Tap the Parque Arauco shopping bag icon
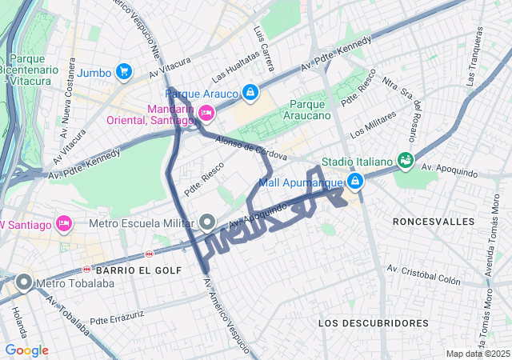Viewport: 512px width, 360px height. coord(250,94)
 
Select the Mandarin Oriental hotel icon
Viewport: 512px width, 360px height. coord(206,114)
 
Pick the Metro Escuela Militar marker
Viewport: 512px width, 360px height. coord(207,222)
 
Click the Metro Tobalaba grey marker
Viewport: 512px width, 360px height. coord(24,282)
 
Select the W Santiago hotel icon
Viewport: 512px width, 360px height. coord(65,222)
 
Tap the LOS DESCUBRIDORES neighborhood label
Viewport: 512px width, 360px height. coord(374,322)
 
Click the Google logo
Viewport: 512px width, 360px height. coord(26,350)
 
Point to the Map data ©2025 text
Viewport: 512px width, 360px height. coord(477,354)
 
